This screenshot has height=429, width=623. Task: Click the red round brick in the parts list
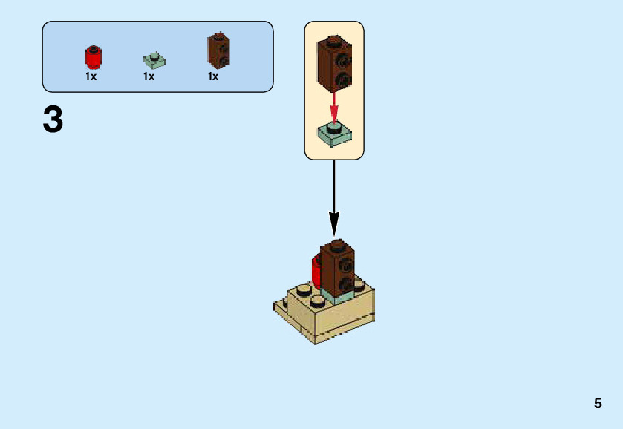(x=94, y=57)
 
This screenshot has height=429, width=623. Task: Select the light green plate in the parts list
(x=154, y=60)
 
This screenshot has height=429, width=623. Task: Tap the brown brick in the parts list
(x=218, y=50)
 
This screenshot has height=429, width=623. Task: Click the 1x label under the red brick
(x=91, y=76)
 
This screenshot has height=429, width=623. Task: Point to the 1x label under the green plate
(x=149, y=76)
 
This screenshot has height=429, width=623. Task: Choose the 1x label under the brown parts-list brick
(x=213, y=76)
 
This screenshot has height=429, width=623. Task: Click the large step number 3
(x=53, y=120)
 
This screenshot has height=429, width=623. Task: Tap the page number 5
(x=598, y=404)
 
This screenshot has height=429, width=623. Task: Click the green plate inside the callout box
(x=334, y=134)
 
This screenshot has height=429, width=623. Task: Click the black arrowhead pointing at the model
(x=334, y=223)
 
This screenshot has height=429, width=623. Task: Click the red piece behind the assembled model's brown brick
(x=316, y=272)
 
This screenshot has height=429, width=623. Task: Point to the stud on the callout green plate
(x=334, y=127)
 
